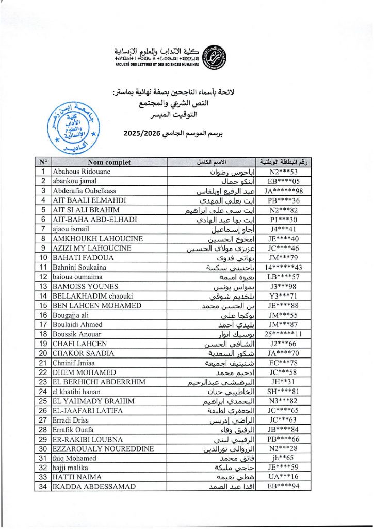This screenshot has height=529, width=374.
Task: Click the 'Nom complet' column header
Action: [x=109, y=162]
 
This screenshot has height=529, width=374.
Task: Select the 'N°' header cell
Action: [x=43, y=162]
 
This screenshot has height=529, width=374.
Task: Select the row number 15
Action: [x=43, y=305]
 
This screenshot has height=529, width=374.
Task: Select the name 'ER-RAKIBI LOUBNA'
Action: [x=86, y=439]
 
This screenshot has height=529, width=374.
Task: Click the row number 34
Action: [x=43, y=487]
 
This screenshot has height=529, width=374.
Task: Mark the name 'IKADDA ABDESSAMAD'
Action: [x=94, y=487]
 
